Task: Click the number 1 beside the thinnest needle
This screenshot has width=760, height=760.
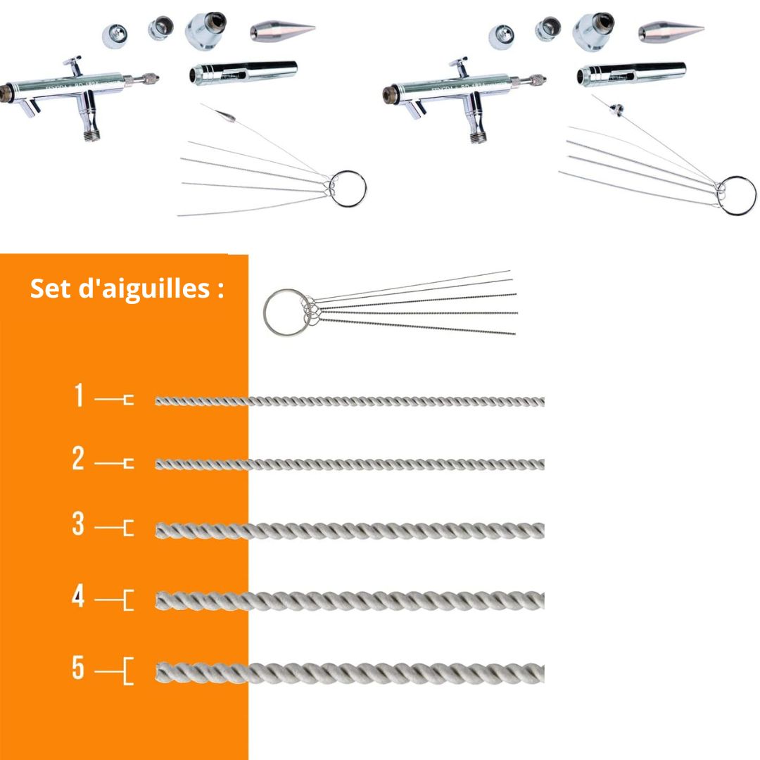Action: tap(79, 396)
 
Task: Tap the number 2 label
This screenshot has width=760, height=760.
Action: tap(78, 459)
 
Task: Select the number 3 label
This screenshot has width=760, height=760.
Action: tap(78, 524)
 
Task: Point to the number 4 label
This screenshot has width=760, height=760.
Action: tap(78, 597)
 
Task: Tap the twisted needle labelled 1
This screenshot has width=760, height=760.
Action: tap(349, 401)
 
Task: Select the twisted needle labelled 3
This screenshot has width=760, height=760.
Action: tap(349, 530)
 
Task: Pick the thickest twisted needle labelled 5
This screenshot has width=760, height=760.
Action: tap(349, 673)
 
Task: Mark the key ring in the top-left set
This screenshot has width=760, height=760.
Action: tap(348, 189)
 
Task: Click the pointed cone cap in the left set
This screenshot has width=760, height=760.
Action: tap(281, 31)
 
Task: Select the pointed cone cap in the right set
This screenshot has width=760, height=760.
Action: tap(671, 31)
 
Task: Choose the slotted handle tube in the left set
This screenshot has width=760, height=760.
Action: tap(243, 72)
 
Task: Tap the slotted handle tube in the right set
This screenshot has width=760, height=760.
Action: tap(631, 73)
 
